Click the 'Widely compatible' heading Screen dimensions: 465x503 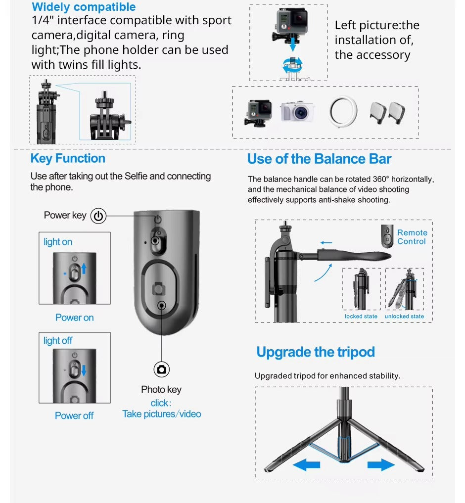coord(84,7)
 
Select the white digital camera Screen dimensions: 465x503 coord(297,112)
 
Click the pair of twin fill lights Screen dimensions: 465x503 coord(387,113)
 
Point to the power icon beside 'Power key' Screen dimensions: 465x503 coord(98,216)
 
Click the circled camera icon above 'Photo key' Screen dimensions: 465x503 coord(161,369)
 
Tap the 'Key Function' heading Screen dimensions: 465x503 coord(68,158)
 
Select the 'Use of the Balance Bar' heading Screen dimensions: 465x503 coord(319,159)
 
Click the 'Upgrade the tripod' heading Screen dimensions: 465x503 coord(316,352)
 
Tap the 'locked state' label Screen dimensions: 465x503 coord(361,317)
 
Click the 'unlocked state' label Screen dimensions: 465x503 coord(404,317)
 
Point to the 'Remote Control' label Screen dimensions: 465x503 coord(413,237)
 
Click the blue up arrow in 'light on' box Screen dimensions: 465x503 coord(84,269)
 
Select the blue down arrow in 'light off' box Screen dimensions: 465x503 coord(84,370)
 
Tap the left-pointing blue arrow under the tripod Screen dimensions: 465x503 coord(307,464)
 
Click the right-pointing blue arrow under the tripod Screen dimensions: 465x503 coord(381,464)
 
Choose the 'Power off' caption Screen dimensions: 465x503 coord(74,415)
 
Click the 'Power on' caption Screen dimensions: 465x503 coord(75,318)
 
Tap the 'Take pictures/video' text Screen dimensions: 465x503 coord(162,414)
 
